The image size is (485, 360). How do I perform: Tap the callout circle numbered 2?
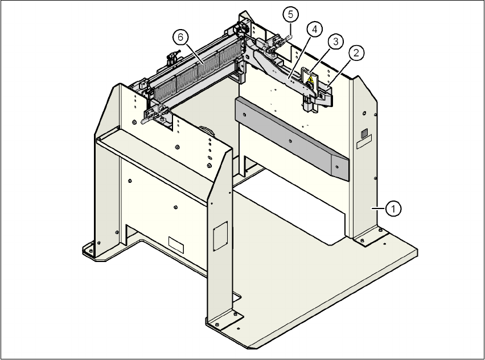tap(356, 54)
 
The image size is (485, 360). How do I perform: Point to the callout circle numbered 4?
tap(314, 28)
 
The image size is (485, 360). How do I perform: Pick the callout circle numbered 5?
tap(290, 13)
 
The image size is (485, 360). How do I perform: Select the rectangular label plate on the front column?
tap(219, 235)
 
